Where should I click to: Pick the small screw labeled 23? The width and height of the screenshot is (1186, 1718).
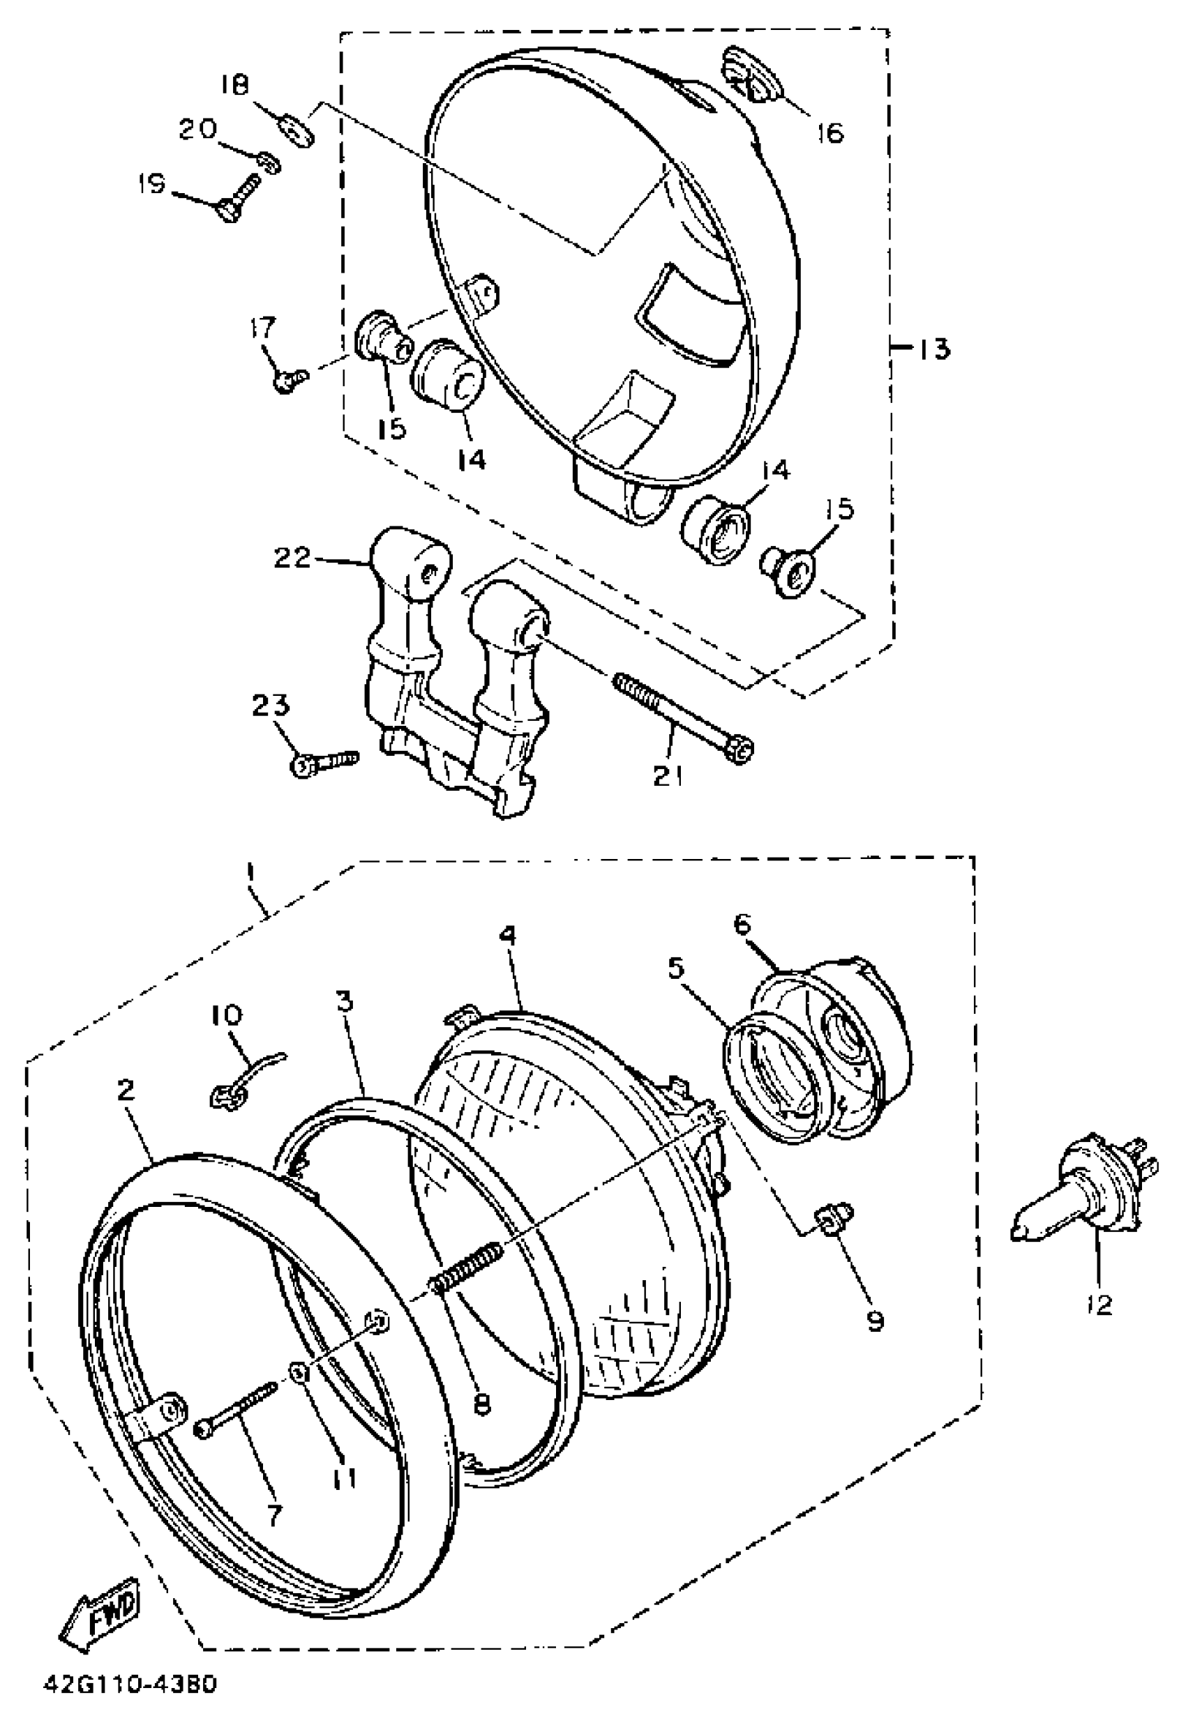pyautogui.click(x=324, y=762)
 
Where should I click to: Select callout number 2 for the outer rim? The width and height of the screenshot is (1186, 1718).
pyautogui.click(x=126, y=1090)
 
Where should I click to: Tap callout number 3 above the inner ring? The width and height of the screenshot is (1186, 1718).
pyautogui.click(x=343, y=1002)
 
